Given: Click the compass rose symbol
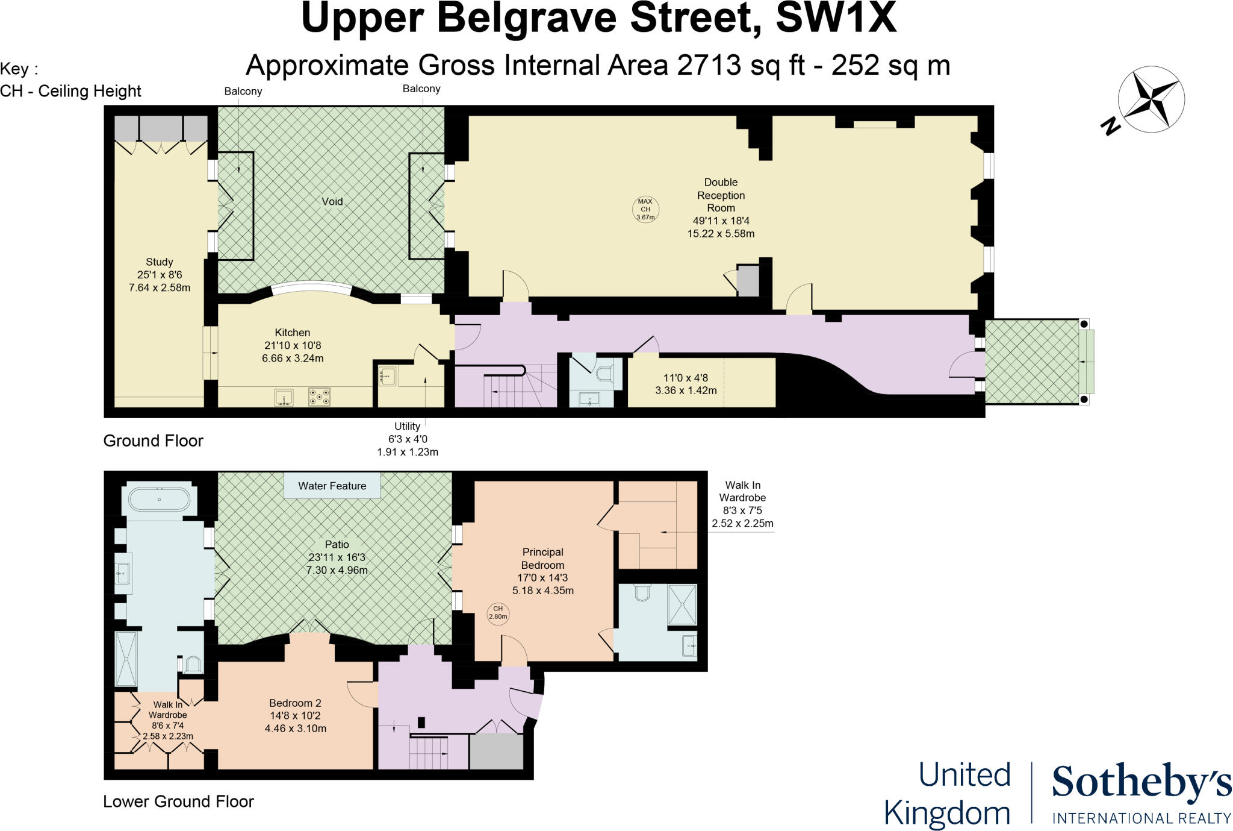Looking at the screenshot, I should [1151, 100].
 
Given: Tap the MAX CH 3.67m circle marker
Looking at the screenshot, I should [645, 209].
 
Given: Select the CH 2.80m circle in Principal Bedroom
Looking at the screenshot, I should [498, 613].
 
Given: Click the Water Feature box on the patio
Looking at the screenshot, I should [332, 486].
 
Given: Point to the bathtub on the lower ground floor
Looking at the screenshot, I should [159, 500].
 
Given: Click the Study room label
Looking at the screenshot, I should [159, 262].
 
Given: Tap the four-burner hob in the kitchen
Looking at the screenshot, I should [319, 397].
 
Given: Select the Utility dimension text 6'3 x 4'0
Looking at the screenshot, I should [408, 439].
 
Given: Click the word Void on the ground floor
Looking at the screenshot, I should [332, 201].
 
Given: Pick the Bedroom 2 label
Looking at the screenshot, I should [295, 703].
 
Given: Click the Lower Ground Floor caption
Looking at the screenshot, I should [178, 801].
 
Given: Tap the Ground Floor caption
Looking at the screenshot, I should [153, 441].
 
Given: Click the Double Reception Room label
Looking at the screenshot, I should [721, 195].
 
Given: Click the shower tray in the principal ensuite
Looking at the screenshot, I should [682, 604].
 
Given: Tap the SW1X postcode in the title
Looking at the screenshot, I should [836, 18].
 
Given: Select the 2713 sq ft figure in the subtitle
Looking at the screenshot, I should [741, 65].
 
